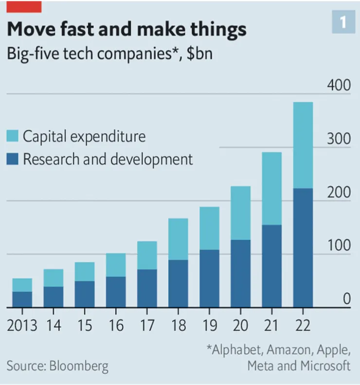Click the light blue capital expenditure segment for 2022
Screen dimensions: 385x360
(303, 145)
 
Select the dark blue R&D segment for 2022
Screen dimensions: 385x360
(303, 248)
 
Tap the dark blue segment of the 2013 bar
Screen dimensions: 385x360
(22, 299)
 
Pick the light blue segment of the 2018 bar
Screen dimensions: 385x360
(178, 239)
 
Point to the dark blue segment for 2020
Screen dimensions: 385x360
(240, 273)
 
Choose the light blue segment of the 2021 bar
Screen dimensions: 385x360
(271, 189)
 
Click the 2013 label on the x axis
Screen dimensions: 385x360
(22, 325)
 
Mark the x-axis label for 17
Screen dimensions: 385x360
(147, 325)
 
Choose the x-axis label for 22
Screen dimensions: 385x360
(303, 325)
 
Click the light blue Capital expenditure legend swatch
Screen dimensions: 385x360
(12, 136)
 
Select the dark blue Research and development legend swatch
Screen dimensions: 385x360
(12, 159)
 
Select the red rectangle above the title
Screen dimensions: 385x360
(24, 6)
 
